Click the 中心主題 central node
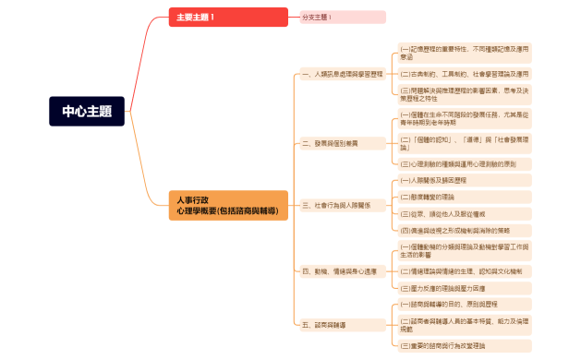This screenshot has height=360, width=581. pyautogui.click(x=87, y=112)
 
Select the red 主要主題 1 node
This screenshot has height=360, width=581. pyautogui.click(x=215, y=18)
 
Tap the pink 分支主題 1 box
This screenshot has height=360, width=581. pyautogui.click(x=343, y=18)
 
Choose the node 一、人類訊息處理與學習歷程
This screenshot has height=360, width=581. pyautogui.click(x=343, y=74)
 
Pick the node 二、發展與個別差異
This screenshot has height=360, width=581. pyautogui.click(x=331, y=143)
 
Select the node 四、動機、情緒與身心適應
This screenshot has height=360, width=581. pyautogui.click(x=340, y=271)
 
